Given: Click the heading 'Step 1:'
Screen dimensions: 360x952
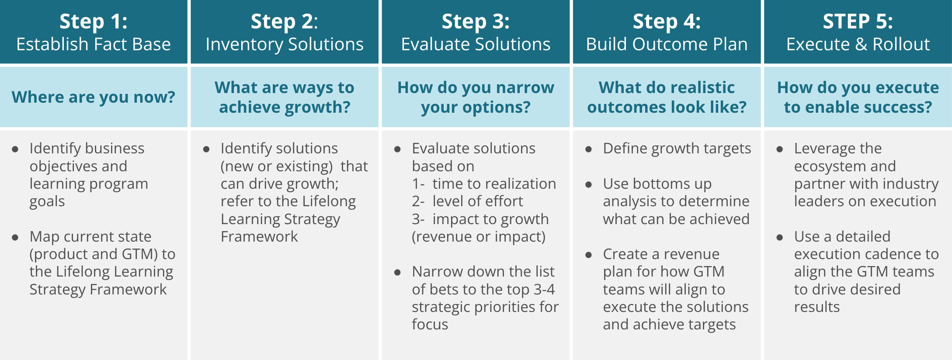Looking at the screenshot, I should point(94,21).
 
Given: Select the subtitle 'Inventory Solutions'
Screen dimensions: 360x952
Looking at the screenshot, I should point(285,44).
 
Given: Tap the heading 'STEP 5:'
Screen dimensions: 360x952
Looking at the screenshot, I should point(858,21).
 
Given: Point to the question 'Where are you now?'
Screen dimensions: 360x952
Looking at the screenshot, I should point(94,97).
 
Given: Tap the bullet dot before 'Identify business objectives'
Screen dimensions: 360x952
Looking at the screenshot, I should point(15,149).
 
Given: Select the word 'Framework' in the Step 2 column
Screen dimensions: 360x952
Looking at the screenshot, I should point(259,236).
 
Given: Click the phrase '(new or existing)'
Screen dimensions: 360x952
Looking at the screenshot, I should point(277,166).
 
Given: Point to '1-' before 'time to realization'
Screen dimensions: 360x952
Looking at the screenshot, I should point(418,183).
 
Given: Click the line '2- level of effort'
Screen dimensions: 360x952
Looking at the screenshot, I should point(467,201).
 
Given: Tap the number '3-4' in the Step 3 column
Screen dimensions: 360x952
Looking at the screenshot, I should point(544,289).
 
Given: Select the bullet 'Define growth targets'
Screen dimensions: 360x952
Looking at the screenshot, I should point(677,149).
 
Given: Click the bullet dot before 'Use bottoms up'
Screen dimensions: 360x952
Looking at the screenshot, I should point(589,184).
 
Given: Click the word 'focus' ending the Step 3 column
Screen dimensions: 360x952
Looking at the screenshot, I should point(430,324).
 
